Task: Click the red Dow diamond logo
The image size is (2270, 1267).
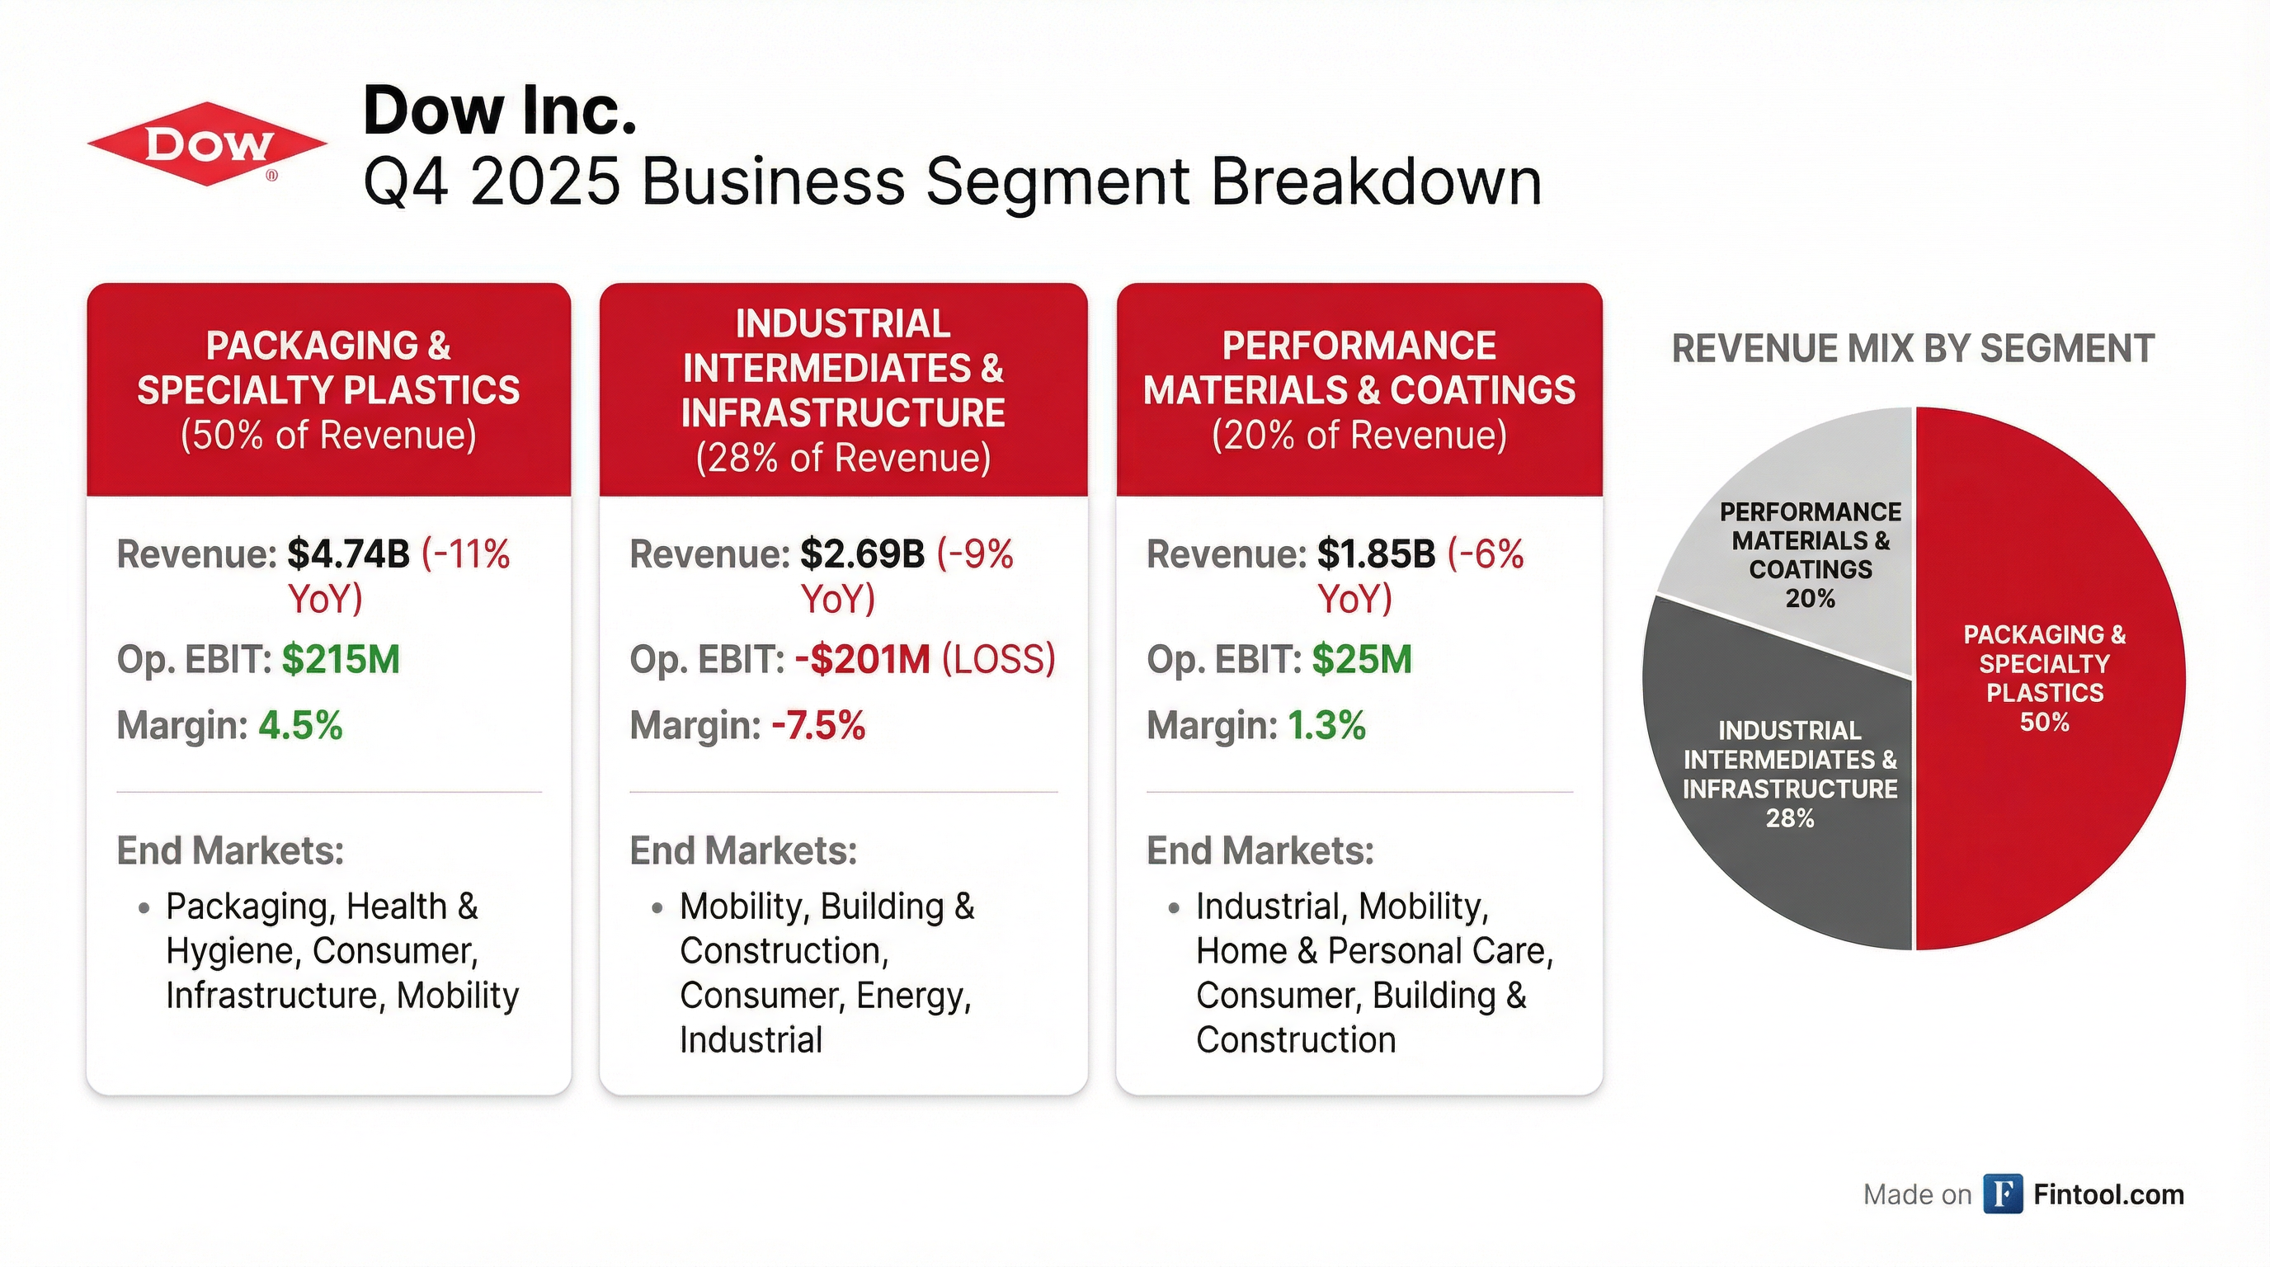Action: click(207, 144)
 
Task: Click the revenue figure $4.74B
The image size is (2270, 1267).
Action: click(349, 554)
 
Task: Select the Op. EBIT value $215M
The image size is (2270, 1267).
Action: click(341, 659)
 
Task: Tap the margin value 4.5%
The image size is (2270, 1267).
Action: click(300, 726)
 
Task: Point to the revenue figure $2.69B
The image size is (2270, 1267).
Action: click(863, 554)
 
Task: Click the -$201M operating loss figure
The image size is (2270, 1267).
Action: click(863, 659)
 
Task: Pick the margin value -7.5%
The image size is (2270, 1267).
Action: click(818, 726)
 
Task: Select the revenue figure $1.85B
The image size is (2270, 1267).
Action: click(1377, 554)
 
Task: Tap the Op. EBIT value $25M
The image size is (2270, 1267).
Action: click(1363, 659)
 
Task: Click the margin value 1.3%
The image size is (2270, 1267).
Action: click(1327, 726)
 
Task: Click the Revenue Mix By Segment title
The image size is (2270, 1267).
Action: click(1913, 349)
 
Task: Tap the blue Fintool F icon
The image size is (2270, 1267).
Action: click(2003, 1194)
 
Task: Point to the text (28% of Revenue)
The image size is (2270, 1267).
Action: click(843, 458)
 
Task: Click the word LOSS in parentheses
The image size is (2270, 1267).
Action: click(998, 659)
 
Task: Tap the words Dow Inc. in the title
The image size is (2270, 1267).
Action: click(500, 111)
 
